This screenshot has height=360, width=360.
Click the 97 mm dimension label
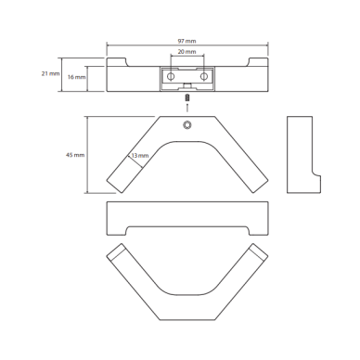[x=186, y=41]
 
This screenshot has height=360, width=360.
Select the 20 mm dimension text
[x=186, y=52]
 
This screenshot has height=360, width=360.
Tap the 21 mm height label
[x=51, y=74]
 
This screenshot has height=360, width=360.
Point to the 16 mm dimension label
[x=76, y=77]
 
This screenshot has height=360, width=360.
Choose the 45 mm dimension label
[x=75, y=155]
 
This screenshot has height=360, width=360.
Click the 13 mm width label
[x=140, y=156]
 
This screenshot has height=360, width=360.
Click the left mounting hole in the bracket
[x=171, y=76]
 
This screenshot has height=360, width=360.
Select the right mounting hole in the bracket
[x=203, y=76]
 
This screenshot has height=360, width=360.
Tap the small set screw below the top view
[x=186, y=97]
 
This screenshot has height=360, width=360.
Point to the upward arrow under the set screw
[x=186, y=107]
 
